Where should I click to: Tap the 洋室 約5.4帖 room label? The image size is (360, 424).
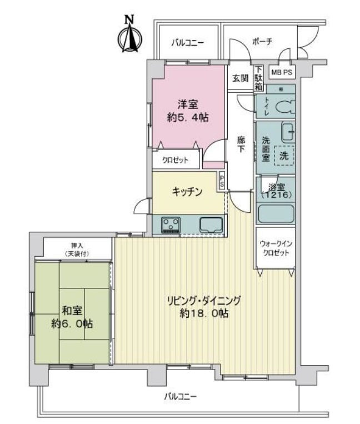click(188, 111)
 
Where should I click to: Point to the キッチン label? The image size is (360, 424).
click(187, 191)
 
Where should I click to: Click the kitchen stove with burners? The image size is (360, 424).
click(171, 225)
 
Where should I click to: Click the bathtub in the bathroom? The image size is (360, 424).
click(276, 214)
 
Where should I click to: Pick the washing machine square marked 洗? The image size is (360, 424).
click(283, 156)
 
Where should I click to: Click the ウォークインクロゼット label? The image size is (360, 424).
click(275, 249)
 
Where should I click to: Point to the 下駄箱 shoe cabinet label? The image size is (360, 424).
click(258, 75)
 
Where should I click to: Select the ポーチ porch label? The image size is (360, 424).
click(261, 42)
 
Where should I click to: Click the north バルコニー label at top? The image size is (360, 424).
click(187, 42)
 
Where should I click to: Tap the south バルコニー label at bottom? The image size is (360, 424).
click(181, 397)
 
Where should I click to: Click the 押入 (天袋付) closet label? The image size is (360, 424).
click(77, 249)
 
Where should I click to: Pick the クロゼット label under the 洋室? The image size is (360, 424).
click(175, 161)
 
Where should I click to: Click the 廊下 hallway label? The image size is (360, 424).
click(241, 146)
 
